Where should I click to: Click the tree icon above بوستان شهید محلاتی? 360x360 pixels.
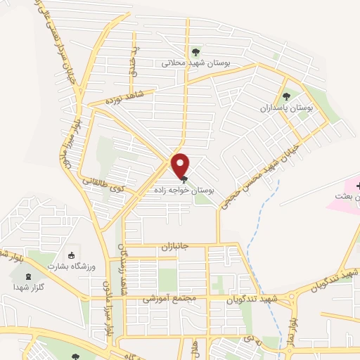coord(196,51)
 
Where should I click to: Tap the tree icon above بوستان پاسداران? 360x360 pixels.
coord(285,97)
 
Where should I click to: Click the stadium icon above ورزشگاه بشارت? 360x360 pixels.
coord(70,255)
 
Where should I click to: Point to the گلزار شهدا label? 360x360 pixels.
coord(27,287)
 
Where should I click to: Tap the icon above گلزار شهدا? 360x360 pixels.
coord(27,276)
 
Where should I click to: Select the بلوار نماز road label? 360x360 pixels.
coord(296,325)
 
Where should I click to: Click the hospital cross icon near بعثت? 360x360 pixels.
coord(359,186)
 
